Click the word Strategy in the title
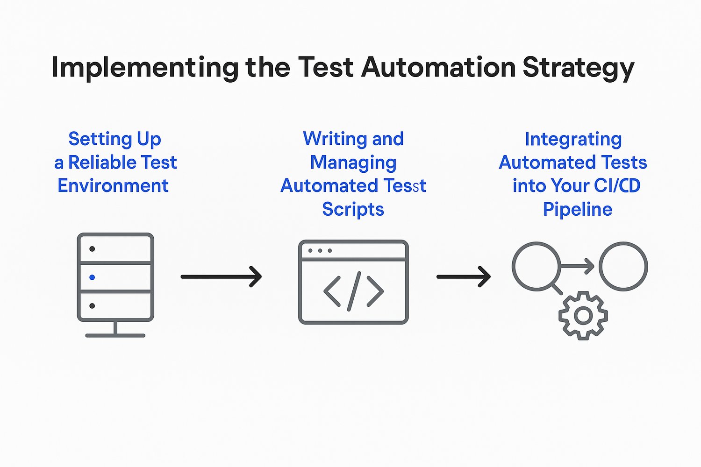[578, 68]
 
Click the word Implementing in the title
[144, 68]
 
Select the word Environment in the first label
[113, 186]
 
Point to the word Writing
[335, 139]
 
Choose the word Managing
[353, 163]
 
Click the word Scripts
[353, 209]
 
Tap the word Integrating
[573, 139]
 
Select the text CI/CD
[617, 186]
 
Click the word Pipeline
[577, 209]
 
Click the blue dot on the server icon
[92, 277]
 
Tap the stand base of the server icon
[115, 335]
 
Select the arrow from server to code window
[221, 276]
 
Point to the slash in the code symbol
[354, 291]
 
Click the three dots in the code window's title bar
[320, 251]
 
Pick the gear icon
[583, 316]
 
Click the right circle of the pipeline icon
[623, 266]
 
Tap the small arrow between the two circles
[578, 267]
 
